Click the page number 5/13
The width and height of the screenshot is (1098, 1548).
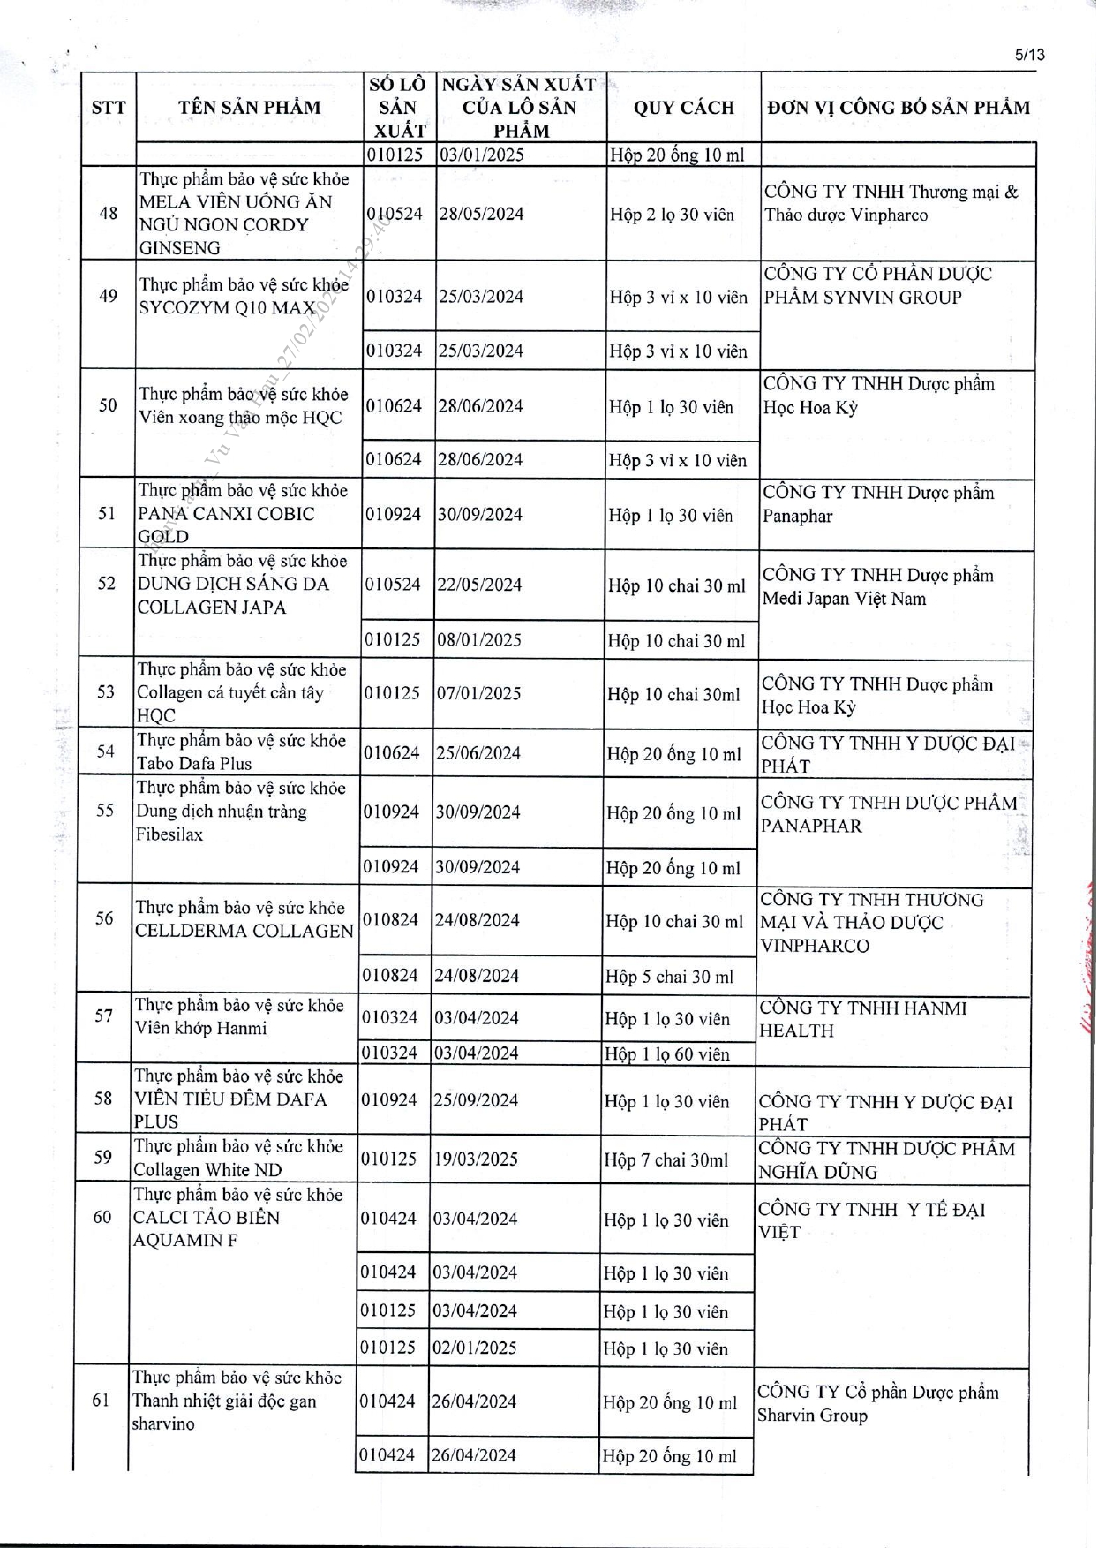pyautogui.click(x=1029, y=55)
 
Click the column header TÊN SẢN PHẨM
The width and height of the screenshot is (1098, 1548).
pyautogui.click(x=250, y=108)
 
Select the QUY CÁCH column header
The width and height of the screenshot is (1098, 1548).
pyautogui.click(x=683, y=108)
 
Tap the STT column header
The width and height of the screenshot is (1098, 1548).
pyautogui.click(x=109, y=108)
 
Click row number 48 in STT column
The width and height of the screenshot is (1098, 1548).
pyautogui.click(x=109, y=213)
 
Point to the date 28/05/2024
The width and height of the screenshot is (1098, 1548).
pyautogui.click(x=481, y=214)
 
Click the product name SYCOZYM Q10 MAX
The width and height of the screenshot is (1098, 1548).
pyautogui.click(x=228, y=308)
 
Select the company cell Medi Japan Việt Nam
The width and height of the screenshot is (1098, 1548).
pyautogui.click(x=845, y=599)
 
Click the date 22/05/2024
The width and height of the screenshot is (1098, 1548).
pyautogui.click(x=479, y=585)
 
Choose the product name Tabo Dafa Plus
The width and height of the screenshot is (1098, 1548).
pyautogui.click(x=194, y=764)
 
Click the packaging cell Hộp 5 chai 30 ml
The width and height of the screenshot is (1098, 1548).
pyautogui.click(x=669, y=977)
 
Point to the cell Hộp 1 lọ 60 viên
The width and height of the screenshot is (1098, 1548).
pyautogui.click(x=667, y=1053)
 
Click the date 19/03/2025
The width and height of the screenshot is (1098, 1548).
pyautogui.click(x=475, y=1159)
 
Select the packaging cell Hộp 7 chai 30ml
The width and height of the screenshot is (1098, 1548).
pyautogui.click(x=666, y=1159)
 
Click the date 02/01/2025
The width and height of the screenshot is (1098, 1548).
pyautogui.click(x=474, y=1348)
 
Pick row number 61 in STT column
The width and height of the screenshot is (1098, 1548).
pyautogui.click(x=102, y=1400)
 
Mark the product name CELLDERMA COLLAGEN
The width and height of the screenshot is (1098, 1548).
pyautogui.click(x=244, y=931)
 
